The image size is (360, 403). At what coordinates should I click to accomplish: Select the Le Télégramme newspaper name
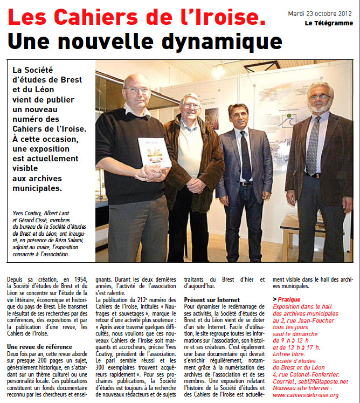pos(328,23)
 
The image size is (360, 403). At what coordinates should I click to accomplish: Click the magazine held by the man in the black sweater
pos(154,153)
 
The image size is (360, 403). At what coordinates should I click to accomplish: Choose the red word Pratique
pos(292,299)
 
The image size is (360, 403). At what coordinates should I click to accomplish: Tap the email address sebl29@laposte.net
pos(324,381)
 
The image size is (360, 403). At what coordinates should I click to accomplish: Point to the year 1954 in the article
pos(78,278)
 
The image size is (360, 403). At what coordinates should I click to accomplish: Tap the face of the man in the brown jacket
pos(190,106)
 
